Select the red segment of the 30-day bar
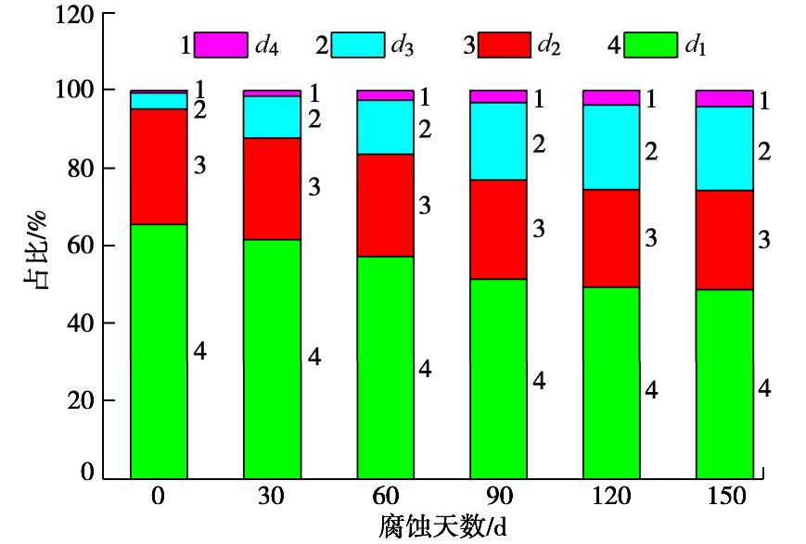tap(272, 188)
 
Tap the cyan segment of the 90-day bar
tap(498, 141)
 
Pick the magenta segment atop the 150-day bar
tap(724, 98)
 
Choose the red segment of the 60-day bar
tap(385, 205)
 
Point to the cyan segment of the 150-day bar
tap(724, 148)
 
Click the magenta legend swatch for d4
tap(220, 44)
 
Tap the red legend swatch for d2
tap(505, 44)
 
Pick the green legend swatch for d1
tap(652, 44)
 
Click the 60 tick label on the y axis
tap(73, 246)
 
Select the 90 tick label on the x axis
tap(498, 496)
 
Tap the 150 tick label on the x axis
tap(724, 496)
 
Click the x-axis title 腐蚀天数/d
tap(442, 527)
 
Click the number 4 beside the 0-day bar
tap(200, 351)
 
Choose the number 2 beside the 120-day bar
tap(652, 152)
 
